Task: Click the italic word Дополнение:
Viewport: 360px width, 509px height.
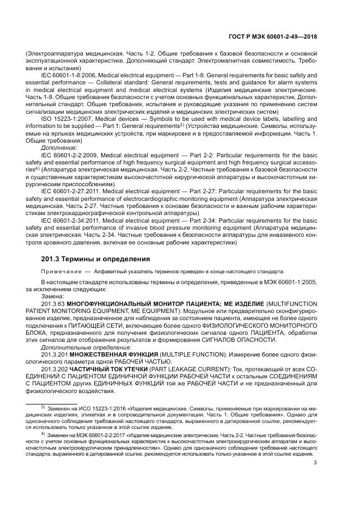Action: (59, 147)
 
